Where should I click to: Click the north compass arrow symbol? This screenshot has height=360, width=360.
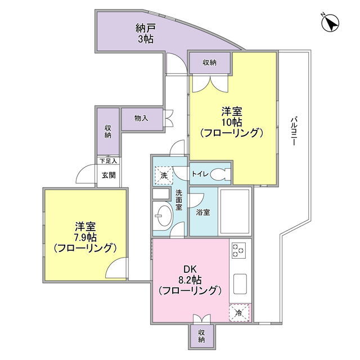[331, 23]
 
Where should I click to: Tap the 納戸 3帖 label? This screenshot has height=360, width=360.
[146, 34]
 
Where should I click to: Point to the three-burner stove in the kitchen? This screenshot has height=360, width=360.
[238, 250]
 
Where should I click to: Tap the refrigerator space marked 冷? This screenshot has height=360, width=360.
[239, 313]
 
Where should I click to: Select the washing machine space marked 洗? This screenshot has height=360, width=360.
[164, 175]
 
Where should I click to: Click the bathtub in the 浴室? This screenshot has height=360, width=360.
[235, 211]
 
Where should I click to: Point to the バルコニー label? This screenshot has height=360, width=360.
[294, 131]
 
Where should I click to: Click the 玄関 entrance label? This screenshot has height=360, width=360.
[109, 175]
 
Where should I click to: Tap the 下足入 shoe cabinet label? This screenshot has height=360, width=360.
[109, 161]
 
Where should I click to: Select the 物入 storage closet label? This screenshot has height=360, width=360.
[141, 119]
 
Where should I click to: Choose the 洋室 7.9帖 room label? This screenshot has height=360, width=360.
[85, 237]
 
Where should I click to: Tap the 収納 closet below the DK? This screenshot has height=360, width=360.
[201, 336]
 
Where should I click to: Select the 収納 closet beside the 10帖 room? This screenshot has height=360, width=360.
[209, 62]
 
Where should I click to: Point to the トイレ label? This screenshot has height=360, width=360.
[200, 174]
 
